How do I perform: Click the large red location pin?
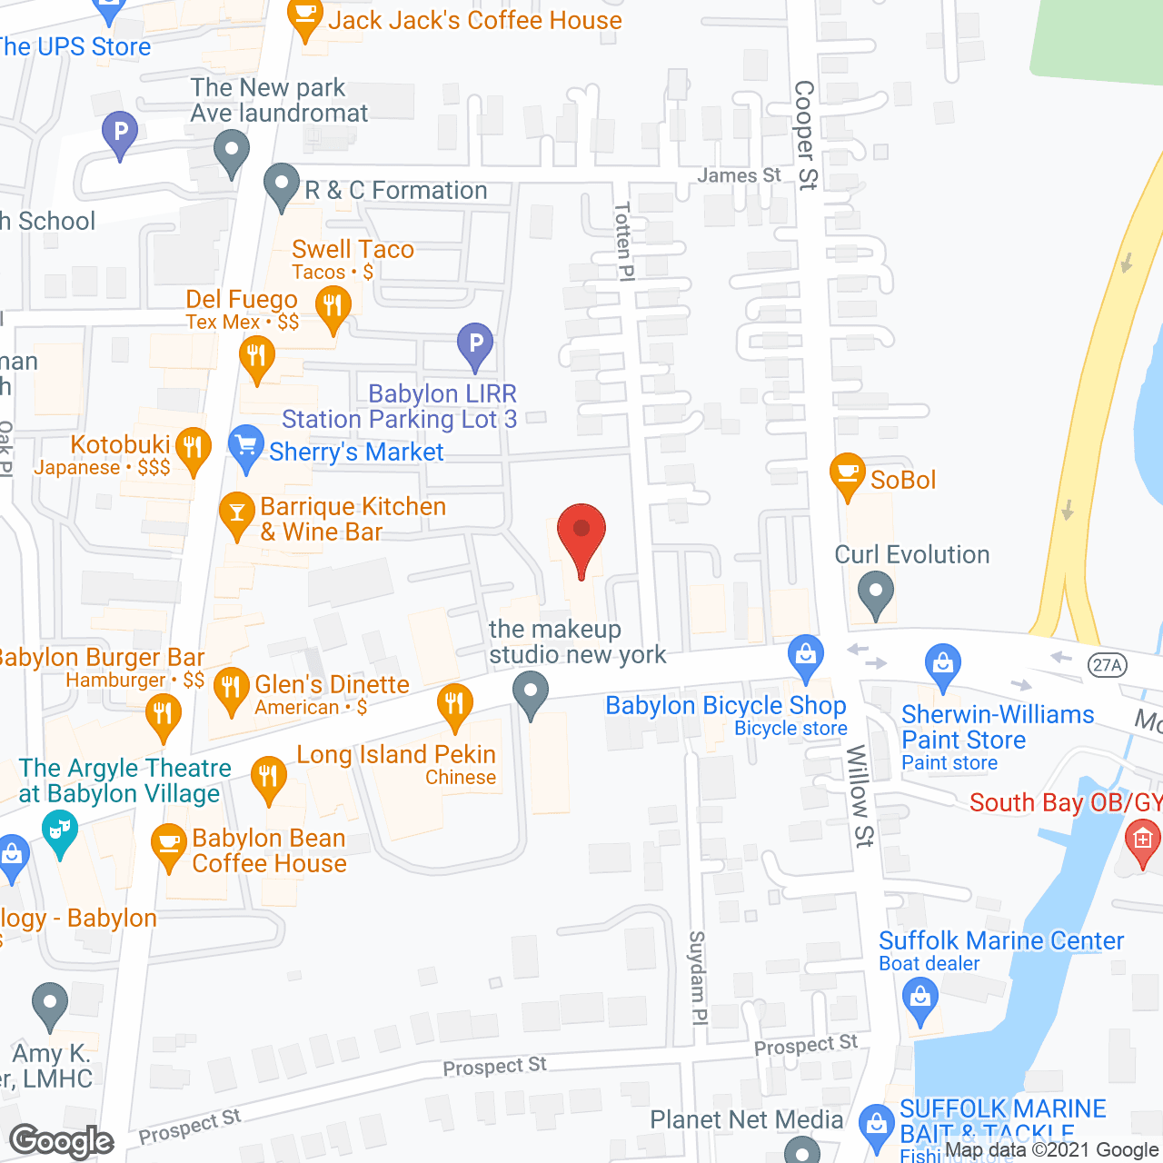click(x=581, y=533)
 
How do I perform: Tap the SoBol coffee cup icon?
click(x=847, y=474)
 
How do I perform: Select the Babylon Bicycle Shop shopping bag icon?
click(x=805, y=655)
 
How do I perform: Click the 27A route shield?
click(x=1107, y=665)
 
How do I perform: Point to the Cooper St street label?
click(x=805, y=134)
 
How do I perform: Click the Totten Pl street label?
click(x=623, y=242)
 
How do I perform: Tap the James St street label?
click(x=739, y=175)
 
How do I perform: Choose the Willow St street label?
click(x=860, y=795)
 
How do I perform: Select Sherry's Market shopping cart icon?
click(x=245, y=447)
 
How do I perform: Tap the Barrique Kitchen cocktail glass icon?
click(x=237, y=513)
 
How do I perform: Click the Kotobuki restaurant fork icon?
click(x=193, y=448)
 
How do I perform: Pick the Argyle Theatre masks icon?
click(x=60, y=830)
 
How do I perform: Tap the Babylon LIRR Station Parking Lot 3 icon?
click(x=474, y=344)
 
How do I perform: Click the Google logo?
click(x=62, y=1141)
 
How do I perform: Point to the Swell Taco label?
click(x=353, y=250)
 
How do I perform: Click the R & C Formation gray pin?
click(x=282, y=184)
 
